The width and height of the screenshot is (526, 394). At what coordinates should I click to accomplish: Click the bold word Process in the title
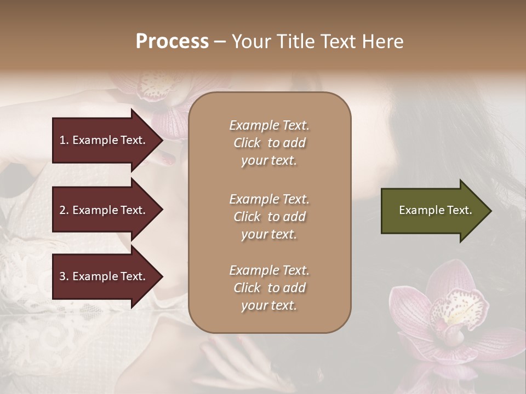pyautogui.click(x=172, y=42)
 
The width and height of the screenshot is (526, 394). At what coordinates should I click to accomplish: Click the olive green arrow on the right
pyautogui.click(x=430, y=211)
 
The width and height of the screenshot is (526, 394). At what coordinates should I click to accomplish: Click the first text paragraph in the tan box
pyautogui.click(x=269, y=143)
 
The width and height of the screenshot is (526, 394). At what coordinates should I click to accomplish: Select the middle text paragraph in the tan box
pyautogui.click(x=269, y=217)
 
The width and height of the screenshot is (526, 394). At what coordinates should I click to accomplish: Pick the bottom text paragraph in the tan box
pyautogui.click(x=269, y=288)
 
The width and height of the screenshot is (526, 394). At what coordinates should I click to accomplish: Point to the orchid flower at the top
pyautogui.click(x=164, y=93)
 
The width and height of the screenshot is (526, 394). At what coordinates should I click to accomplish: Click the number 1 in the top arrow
pyautogui.click(x=62, y=140)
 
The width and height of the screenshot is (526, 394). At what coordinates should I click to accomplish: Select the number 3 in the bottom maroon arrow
pyautogui.click(x=62, y=276)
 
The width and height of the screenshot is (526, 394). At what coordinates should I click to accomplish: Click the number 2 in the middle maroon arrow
pyautogui.click(x=62, y=210)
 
